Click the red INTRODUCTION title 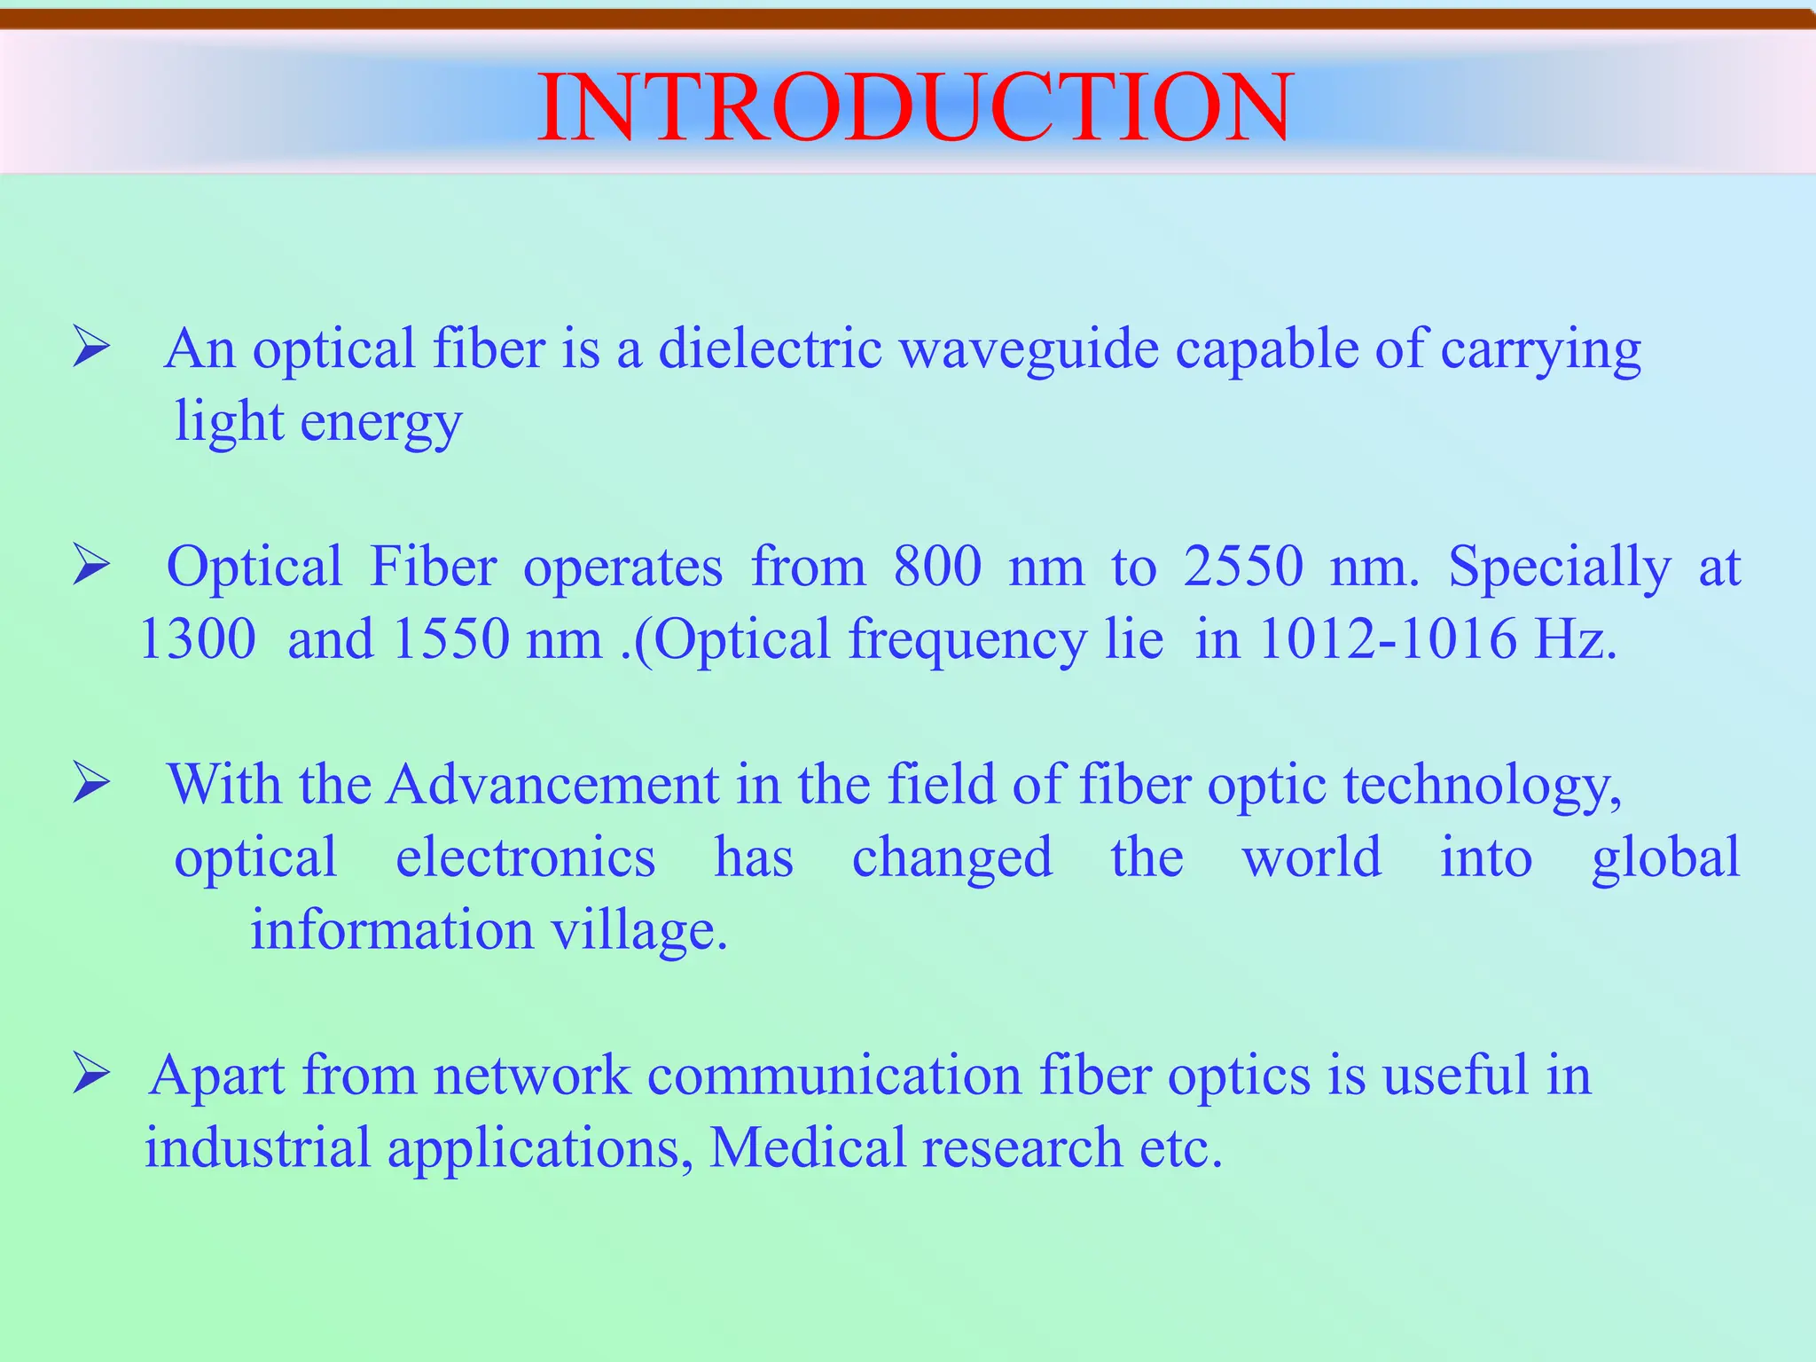click(x=915, y=107)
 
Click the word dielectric click(x=770, y=348)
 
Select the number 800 click(x=937, y=567)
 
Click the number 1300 click(x=198, y=638)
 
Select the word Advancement click(x=552, y=785)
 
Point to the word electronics click(x=525, y=857)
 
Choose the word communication click(x=834, y=1076)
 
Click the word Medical click(x=807, y=1147)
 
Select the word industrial click(x=257, y=1147)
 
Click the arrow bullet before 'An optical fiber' click(x=90, y=347)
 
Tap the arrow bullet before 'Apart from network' click(x=90, y=1074)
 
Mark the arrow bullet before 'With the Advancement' click(x=90, y=783)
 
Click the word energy click(x=381, y=423)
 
